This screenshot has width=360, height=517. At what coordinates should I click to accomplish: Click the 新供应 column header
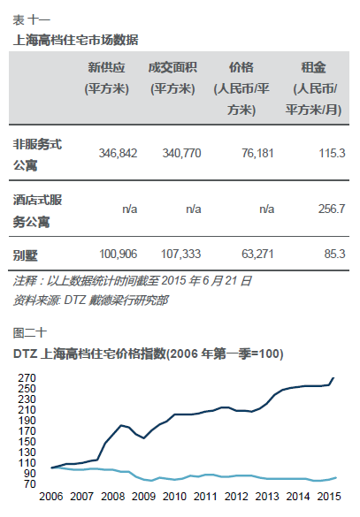(106, 78)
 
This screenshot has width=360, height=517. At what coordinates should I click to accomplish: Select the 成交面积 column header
(172, 78)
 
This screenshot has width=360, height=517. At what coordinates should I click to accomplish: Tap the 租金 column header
(313, 88)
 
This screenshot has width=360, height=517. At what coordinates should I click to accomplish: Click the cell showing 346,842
(118, 153)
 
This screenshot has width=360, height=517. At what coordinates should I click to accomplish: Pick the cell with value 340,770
(181, 153)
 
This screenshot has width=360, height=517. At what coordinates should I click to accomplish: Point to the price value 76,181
(257, 153)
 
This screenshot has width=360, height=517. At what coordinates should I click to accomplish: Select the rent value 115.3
(332, 153)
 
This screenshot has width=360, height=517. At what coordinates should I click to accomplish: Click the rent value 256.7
(332, 209)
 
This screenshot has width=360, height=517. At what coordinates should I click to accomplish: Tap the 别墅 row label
(26, 255)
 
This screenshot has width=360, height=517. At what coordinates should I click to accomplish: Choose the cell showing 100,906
(119, 254)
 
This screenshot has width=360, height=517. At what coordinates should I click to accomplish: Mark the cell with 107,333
(180, 254)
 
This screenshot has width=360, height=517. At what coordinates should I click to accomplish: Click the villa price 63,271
(257, 254)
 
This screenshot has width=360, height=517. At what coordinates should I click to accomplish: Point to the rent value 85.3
(334, 254)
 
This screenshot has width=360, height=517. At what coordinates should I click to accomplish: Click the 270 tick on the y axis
(27, 378)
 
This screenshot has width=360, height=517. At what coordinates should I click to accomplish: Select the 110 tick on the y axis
(27, 463)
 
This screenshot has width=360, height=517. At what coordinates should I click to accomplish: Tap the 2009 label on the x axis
(143, 496)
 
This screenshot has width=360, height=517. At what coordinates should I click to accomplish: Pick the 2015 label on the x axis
(329, 496)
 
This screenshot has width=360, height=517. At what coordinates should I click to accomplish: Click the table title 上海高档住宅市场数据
(75, 41)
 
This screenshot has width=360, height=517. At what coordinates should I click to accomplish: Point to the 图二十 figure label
(30, 333)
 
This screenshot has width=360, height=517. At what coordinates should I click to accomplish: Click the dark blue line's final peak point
(333, 378)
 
